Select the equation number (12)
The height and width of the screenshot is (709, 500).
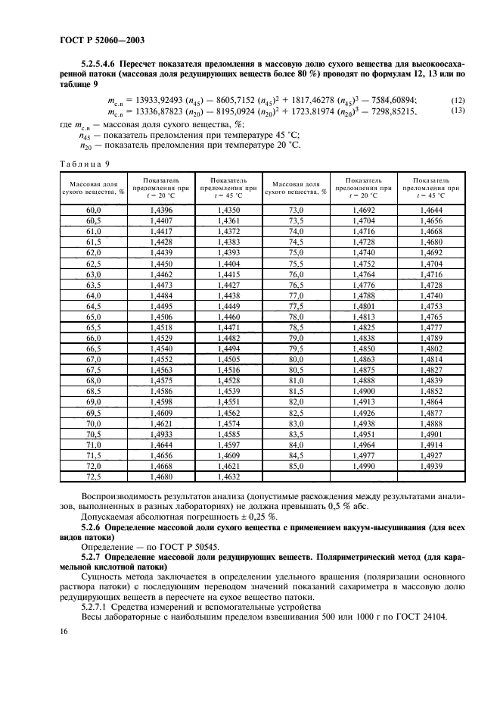pos(458,100)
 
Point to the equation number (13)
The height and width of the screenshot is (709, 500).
pos(458,111)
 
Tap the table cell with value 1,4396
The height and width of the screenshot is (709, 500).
pos(162,209)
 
